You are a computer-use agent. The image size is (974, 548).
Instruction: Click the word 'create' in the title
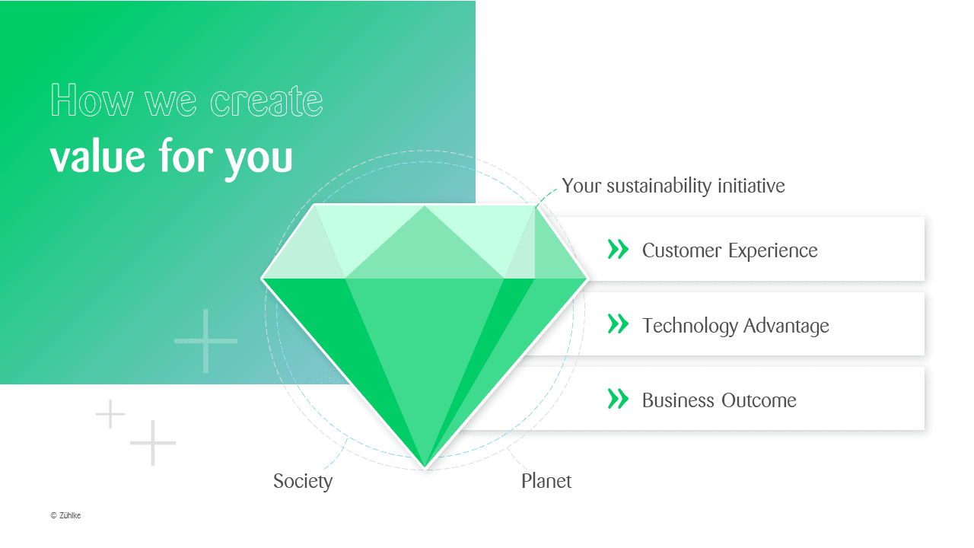(266, 101)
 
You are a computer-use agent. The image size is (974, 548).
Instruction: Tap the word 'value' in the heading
(97, 156)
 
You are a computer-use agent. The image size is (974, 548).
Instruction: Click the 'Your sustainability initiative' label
(673, 186)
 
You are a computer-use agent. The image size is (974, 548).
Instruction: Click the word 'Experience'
(773, 251)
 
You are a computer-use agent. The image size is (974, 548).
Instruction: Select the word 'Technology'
(690, 327)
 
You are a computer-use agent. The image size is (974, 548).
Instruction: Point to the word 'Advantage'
(786, 327)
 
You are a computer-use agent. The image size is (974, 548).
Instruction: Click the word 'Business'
(678, 400)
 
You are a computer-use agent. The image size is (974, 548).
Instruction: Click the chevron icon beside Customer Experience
(618, 249)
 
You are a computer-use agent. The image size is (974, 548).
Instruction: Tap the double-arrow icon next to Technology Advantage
(618, 324)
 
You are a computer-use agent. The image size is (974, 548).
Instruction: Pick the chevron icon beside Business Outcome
(618, 399)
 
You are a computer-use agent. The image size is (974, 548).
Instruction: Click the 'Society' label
(303, 482)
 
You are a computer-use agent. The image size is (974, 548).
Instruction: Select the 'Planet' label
(546, 481)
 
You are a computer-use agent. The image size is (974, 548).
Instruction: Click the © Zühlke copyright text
(65, 515)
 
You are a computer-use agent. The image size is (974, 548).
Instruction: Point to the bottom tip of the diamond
(425, 469)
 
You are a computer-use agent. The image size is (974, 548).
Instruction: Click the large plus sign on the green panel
(205, 341)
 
